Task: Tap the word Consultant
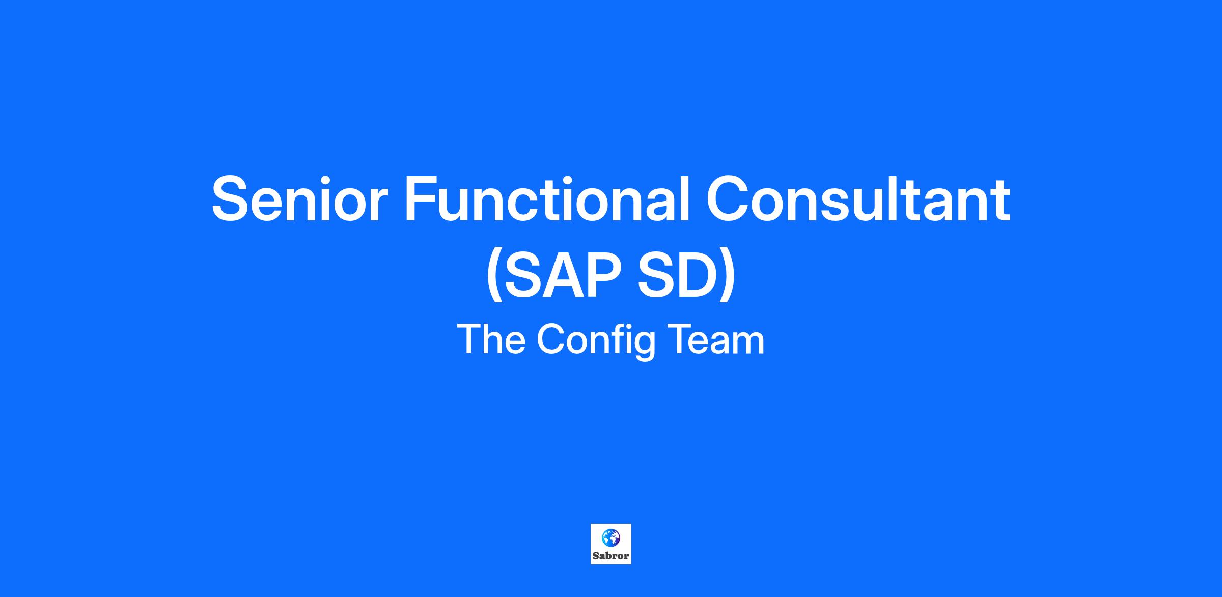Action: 858,198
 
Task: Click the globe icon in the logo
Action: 610,537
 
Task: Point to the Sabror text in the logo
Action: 610,556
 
